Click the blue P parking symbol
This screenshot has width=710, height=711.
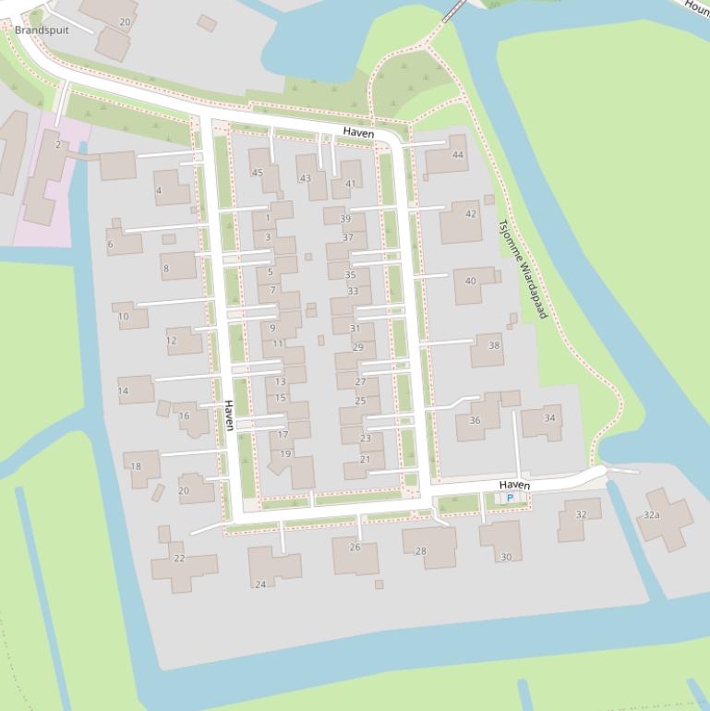click(x=510, y=499)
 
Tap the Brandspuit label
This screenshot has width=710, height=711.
click(x=42, y=30)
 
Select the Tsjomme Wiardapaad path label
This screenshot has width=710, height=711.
click(x=523, y=269)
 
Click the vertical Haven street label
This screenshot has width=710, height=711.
click(x=228, y=416)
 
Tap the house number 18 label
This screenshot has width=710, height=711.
click(x=136, y=466)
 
